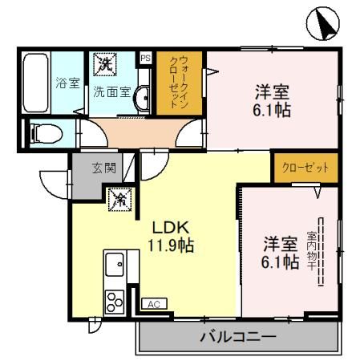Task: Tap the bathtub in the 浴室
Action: click(36, 83)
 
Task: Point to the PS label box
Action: click(145, 58)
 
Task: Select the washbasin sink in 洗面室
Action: click(142, 99)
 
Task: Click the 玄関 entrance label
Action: click(103, 168)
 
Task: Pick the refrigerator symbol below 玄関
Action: click(119, 197)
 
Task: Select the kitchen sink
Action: click(115, 263)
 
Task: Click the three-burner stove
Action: click(113, 301)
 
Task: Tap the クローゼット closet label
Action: click(305, 168)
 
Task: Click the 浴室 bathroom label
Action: click(66, 82)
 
